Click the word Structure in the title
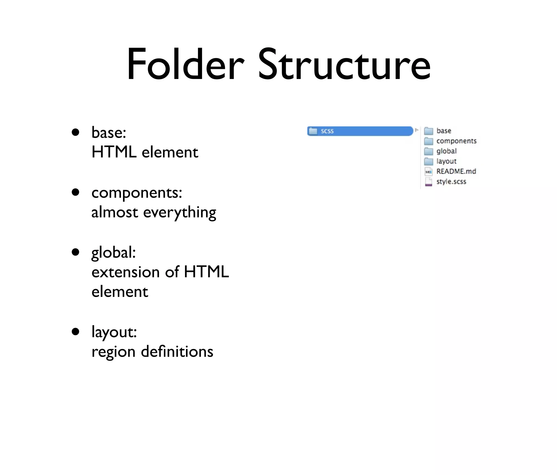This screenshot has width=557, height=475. (344, 64)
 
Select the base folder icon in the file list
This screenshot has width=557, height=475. (428, 131)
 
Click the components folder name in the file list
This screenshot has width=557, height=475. (456, 141)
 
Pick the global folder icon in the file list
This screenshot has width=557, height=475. (428, 151)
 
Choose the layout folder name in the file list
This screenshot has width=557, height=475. (446, 161)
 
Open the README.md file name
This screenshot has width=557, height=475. (456, 171)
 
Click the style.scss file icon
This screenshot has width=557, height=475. (428, 182)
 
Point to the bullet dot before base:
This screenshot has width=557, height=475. (75, 133)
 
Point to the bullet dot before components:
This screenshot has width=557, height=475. (75, 192)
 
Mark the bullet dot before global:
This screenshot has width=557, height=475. (75, 252)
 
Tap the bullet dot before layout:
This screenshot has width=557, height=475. (75, 331)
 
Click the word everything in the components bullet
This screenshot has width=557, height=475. (180, 213)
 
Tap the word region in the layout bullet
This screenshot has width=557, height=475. (113, 352)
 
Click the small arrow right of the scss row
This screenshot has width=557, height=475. (417, 130)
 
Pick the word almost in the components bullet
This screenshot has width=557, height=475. (115, 212)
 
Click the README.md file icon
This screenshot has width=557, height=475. (428, 172)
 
